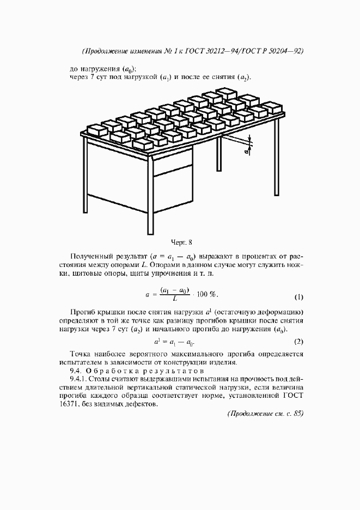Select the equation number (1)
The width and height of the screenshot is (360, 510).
[x=298, y=297]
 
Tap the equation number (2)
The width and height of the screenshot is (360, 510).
[x=298, y=342]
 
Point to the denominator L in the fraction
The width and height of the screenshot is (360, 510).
[x=174, y=299]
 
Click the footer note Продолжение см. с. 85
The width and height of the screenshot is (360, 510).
[x=265, y=414]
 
